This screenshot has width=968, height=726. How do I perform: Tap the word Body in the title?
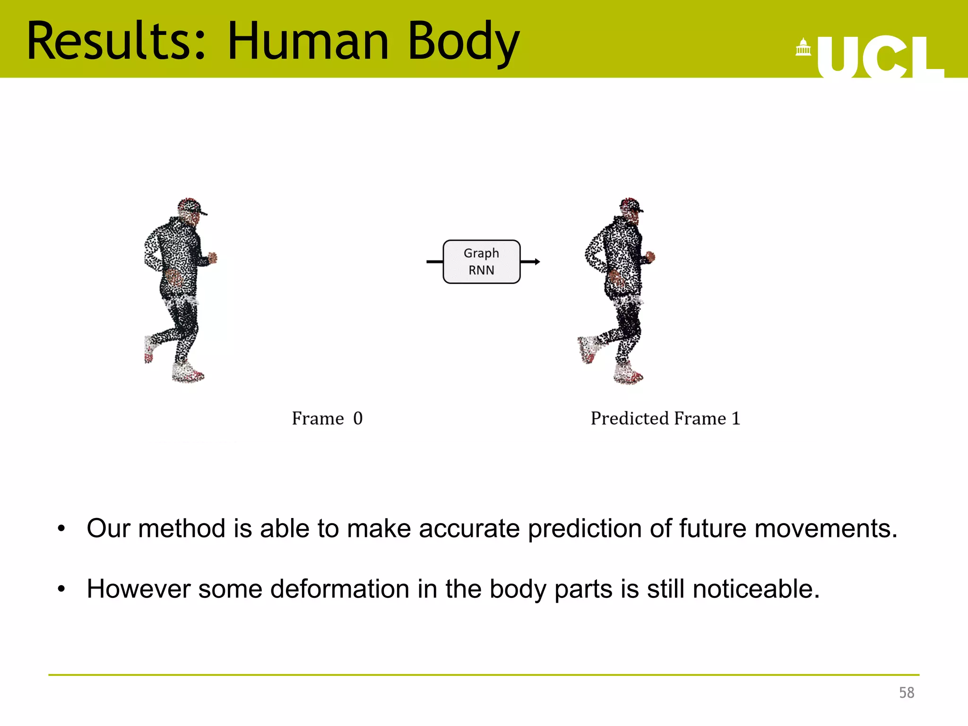[463, 43]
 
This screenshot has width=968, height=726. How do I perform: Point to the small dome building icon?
[803, 48]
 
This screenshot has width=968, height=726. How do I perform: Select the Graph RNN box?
[481, 262]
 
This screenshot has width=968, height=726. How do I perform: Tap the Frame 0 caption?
[327, 419]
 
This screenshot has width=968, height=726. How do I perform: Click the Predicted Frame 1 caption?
[665, 419]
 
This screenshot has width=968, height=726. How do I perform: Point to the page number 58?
[906, 693]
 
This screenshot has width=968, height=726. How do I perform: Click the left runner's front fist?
[213, 258]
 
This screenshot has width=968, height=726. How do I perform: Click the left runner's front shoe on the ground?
[188, 373]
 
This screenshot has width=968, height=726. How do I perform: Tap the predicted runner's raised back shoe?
[587, 349]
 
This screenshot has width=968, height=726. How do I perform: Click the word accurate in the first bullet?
[469, 528]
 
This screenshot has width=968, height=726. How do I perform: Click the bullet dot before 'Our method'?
[61, 529]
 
